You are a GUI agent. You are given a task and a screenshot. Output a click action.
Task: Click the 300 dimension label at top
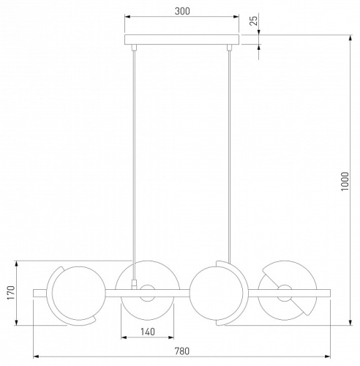(182, 11)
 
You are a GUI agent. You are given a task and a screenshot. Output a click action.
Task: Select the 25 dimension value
(254, 20)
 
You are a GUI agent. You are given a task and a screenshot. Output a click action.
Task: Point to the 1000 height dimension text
(345, 182)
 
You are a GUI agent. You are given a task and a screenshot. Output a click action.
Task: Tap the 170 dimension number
(11, 293)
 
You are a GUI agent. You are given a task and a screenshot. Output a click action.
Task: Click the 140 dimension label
(148, 332)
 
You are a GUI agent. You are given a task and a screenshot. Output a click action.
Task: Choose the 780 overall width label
(182, 351)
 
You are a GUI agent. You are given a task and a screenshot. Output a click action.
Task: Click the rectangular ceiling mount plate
(181, 40)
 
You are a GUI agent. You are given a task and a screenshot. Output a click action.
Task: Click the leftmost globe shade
(79, 293)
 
